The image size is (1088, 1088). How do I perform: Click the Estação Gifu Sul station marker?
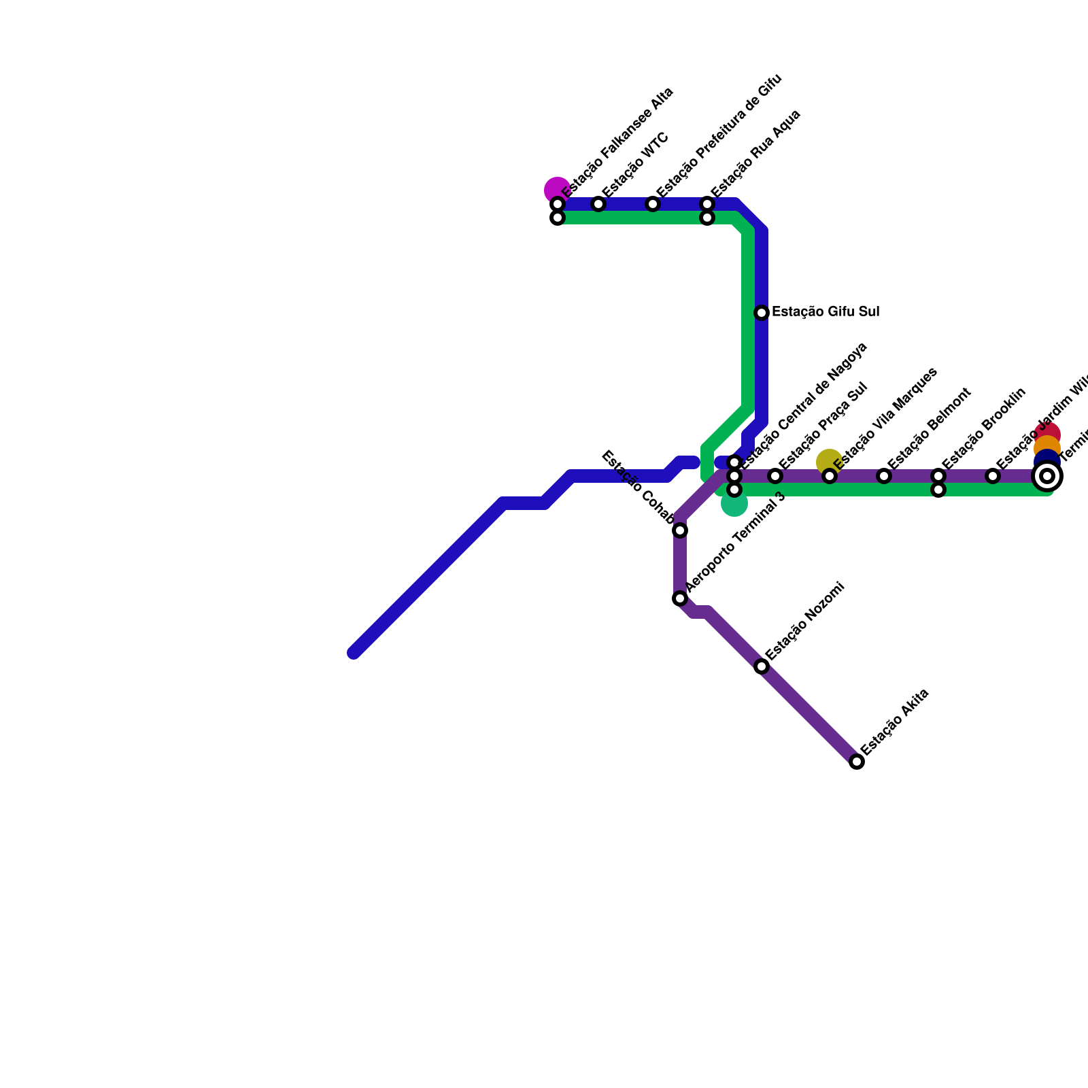[x=762, y=313]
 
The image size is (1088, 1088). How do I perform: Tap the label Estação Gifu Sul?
[x=826, y=312]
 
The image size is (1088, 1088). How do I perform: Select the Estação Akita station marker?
[x=857, y=762]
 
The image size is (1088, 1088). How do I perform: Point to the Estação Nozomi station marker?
[x=762, y=666]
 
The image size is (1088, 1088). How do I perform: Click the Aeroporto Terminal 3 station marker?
[x=680, y=598]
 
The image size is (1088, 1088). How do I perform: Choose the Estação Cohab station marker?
[x=680, y=530]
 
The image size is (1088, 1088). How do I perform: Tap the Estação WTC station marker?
[x=598, y=204]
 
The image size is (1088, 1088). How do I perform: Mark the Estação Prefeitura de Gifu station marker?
[x=653, y=204]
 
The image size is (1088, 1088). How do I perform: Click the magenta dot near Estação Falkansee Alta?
[x=557, y=190]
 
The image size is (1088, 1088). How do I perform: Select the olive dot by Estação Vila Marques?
[x=829, y=462]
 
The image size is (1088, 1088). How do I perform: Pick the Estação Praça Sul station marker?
[x=775, y=476]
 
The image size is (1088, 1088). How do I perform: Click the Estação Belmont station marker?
[x=884, y=476]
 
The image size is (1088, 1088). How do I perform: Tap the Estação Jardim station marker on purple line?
[x=993, y=476]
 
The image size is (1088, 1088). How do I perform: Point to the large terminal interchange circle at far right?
[x=1047, y=476]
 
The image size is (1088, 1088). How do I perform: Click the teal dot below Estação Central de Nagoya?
[x=734, y=504]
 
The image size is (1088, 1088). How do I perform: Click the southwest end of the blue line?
[x=354, y=653]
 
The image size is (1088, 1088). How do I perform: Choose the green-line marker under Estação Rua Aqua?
[x=707, y=218]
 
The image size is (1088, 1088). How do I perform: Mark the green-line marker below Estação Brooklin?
[x=938, y=490]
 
